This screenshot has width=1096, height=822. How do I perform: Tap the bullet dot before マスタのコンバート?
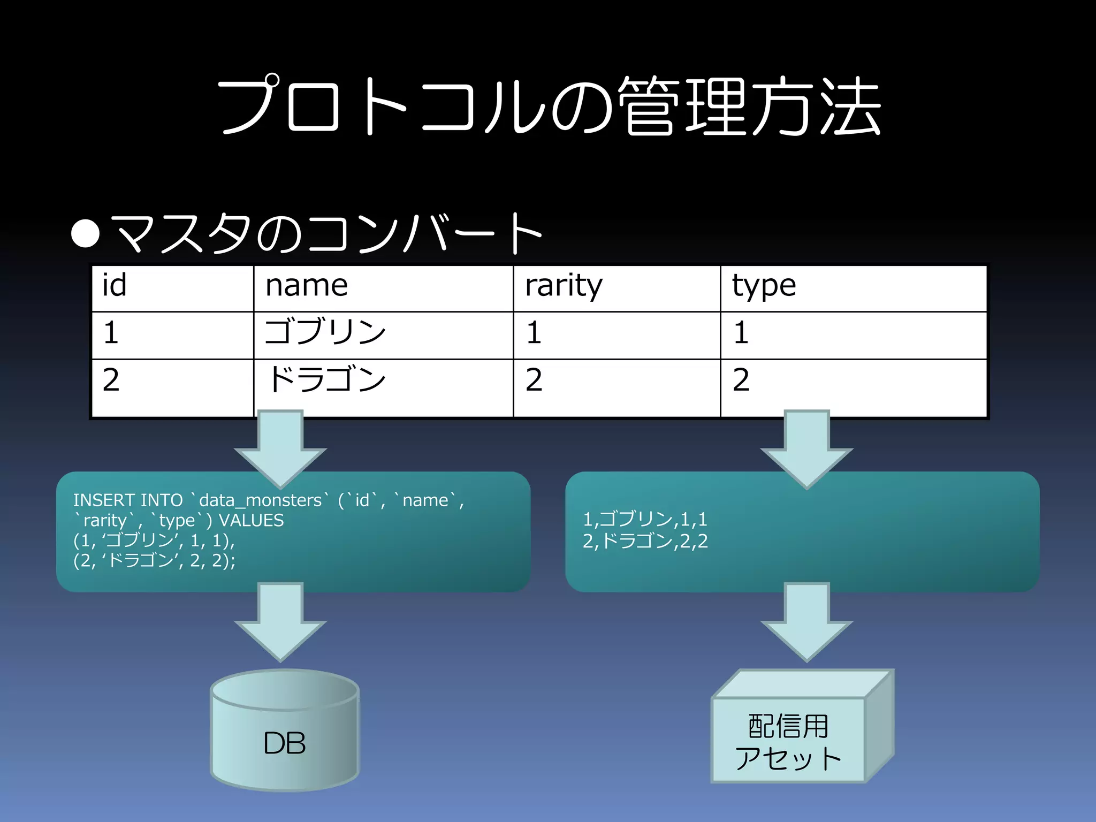(x=86, y=233)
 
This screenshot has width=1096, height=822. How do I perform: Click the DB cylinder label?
(x=284, y=743)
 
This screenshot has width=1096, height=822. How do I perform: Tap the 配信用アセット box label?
(x=788, y=742)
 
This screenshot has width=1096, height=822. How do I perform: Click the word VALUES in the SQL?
(x=251, y=520)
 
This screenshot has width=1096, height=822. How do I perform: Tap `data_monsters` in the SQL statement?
(x=260, y=500)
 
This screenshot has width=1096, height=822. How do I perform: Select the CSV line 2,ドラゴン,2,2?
(x=645, y=541)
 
